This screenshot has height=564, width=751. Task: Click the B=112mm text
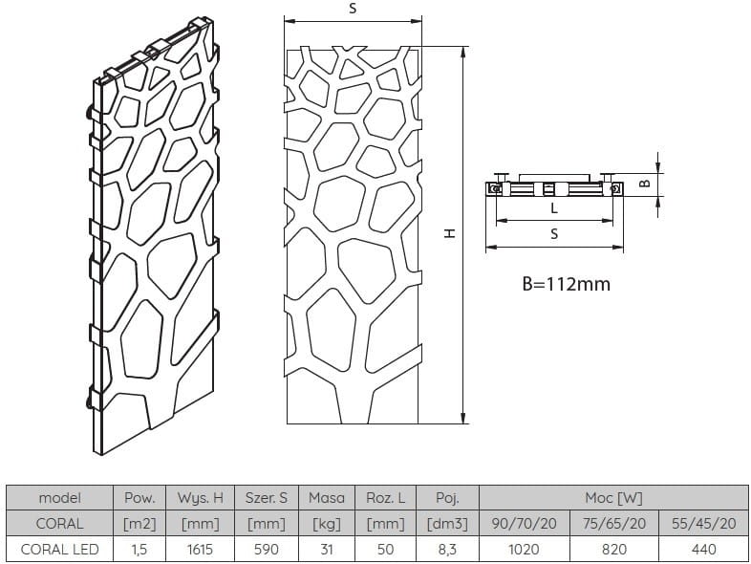pos(567,284)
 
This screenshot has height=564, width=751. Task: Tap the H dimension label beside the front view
pos(450,233)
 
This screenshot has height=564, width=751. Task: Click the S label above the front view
pos(353,9)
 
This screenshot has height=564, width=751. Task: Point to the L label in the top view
pos(554,208)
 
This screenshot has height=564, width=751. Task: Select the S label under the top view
pos(554,234)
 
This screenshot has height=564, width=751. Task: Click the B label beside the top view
pos(645,183)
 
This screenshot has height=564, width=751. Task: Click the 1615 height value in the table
pos(200,549)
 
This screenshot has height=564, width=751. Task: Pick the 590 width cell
pos(267,549)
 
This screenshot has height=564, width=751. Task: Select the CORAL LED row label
pos(60,549)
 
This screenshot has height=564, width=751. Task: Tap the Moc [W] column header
pos(613,498)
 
